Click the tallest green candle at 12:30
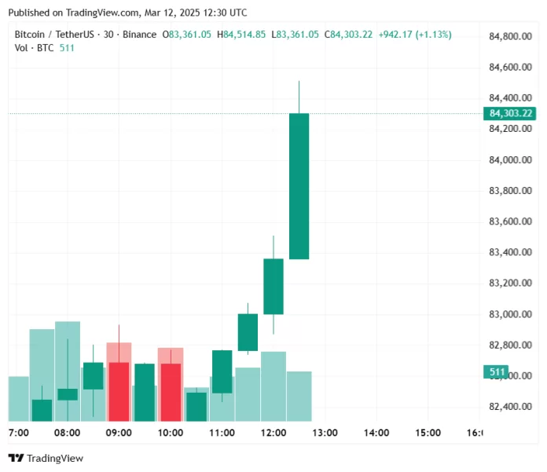[x=299, y=186]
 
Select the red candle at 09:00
[x=119, y=390]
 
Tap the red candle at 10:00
[x=171, y=391]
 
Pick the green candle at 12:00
[x=273, y=287]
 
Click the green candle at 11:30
[x=248, y=332]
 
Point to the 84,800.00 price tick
[x=512, y=36]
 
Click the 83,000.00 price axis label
[x=512, y=315]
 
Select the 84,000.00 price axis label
[x=512, y=160]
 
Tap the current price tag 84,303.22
[x=511, y=113]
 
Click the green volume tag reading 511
[x=496, y=371]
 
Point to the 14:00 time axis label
[x=377, y=433]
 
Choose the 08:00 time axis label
[x=67, y=433]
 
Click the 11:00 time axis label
[x=222, y=433]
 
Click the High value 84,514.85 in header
[x=248, y=35]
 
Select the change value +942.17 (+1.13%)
[x=415, y=35]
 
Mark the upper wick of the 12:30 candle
[x=299, y=97]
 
